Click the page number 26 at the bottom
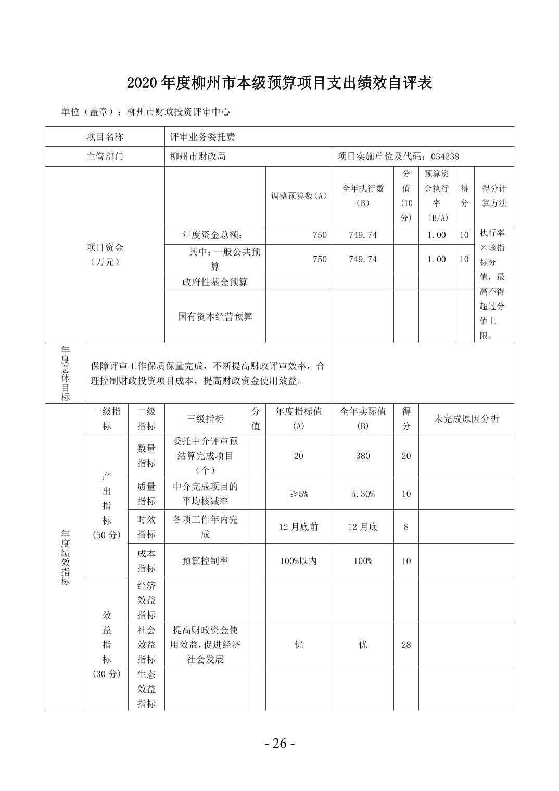point(279,744)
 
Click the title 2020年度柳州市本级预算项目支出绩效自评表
point(279,83)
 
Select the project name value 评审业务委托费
point(202,137)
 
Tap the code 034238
point(445,156)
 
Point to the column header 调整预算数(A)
point(299,196)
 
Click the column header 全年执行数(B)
point(363,196)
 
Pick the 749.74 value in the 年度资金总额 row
point(363,235)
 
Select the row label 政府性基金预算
point(215,282)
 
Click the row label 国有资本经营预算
point(215,316)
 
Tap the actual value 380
point(363,456)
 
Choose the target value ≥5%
point(299,494)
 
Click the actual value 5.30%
point(363,494)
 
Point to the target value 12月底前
point(299,527)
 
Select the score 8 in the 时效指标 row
point(406,527)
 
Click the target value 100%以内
point(299,561)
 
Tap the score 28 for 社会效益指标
point(406,645)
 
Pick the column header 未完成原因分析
point(466,418)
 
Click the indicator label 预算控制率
point(205,561)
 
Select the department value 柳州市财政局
point(198,156)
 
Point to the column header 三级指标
point(205,418)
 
